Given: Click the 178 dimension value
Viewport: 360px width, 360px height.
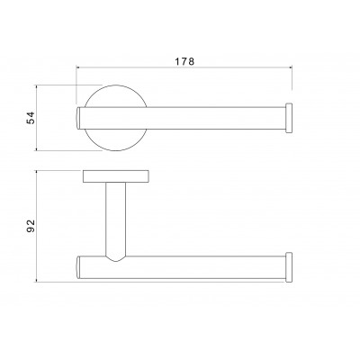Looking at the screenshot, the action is [184, 61].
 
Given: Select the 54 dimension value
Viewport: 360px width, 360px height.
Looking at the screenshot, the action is [31, 118].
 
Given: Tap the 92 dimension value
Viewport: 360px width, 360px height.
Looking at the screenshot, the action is [31, 226].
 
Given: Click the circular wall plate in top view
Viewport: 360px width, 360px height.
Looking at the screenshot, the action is [115, 90].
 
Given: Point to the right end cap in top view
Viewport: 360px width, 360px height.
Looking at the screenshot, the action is [289, 118].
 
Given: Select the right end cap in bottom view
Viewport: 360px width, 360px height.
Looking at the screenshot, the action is [289, 267].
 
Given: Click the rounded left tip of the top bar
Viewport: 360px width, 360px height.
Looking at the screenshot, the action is [77, 118].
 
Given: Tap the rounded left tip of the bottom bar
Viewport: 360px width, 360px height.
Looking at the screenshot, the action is [77, 267].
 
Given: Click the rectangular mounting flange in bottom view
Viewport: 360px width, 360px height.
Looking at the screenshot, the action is [116, 176].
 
